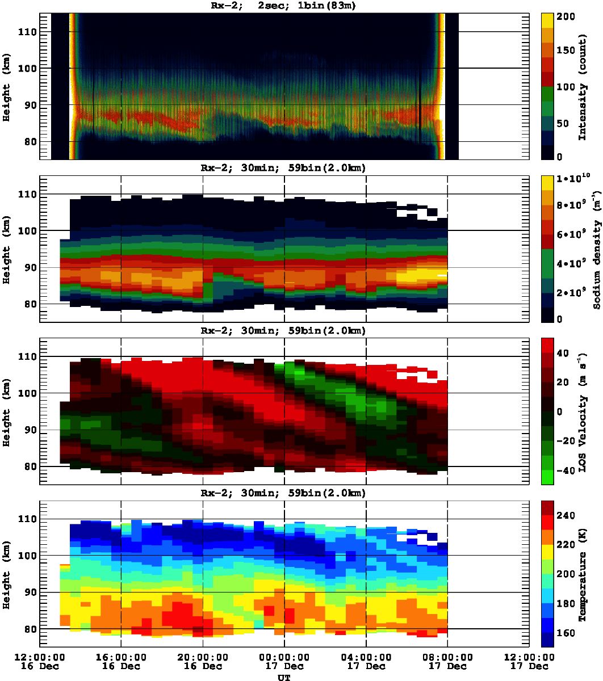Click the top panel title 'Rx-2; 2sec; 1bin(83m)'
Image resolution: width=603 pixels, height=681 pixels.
(284, 6)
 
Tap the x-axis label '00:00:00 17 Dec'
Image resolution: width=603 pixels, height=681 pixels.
(284, 661)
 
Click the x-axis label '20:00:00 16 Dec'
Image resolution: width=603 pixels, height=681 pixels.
(203, 661)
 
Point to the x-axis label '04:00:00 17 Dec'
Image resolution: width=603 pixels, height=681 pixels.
(366, 661)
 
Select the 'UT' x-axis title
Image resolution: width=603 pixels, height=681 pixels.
(284, 676)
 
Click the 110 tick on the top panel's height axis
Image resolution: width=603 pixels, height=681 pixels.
(27, 32)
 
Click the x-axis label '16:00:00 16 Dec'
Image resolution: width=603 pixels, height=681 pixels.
(121, 661)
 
